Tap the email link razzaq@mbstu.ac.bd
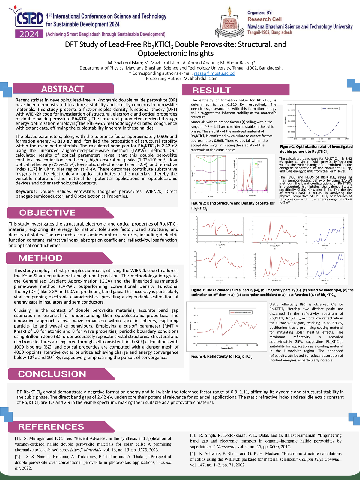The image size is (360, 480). tap(214, 73)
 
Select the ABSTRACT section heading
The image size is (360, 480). tap(63, 89)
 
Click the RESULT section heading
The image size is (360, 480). tap(211, 90)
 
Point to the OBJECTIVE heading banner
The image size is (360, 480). tap(47, 213)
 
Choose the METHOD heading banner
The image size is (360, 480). tap(40, 258)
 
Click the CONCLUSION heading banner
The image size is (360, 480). tap(52, 374)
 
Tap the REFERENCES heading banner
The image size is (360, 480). tap(51, 427)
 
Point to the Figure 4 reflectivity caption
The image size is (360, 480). tap(222, 357)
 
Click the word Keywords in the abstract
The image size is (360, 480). tap(26, 191)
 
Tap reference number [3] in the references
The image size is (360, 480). tap(193, 435)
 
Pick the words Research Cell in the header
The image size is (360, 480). tap(264, 19)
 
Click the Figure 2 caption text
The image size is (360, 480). tap(233, 205)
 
